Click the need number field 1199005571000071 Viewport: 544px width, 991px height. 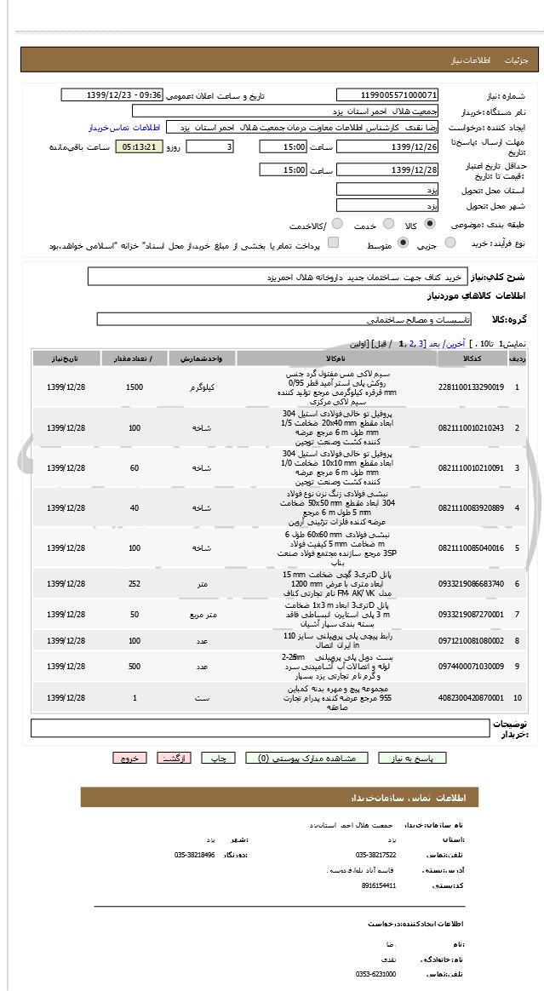point(387,95)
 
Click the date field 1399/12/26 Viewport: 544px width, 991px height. point(387,147)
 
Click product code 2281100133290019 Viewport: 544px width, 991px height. point(471,387)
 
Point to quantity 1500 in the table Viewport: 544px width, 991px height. point(134,387)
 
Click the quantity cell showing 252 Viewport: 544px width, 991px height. point(134,583)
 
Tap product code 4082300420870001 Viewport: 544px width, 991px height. point(471,697)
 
